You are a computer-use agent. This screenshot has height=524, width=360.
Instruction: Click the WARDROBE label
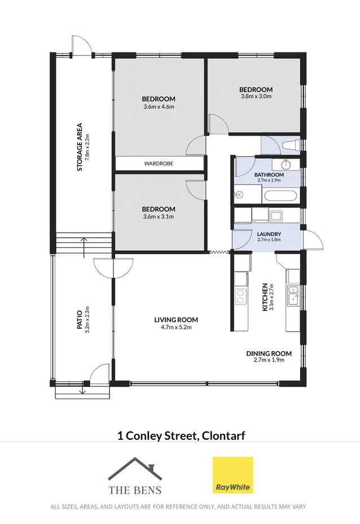158,163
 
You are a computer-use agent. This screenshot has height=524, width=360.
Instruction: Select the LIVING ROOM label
176,320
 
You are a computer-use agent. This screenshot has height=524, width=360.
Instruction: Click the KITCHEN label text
265,298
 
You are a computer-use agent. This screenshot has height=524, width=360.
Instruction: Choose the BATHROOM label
269,175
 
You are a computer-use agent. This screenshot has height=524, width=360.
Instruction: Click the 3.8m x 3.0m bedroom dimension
256,97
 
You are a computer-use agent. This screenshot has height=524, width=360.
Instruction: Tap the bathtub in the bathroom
280,197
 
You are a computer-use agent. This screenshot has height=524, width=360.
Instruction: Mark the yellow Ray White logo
232,475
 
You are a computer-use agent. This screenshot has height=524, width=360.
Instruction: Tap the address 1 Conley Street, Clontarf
180,435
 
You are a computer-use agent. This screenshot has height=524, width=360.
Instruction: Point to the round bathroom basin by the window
286,164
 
